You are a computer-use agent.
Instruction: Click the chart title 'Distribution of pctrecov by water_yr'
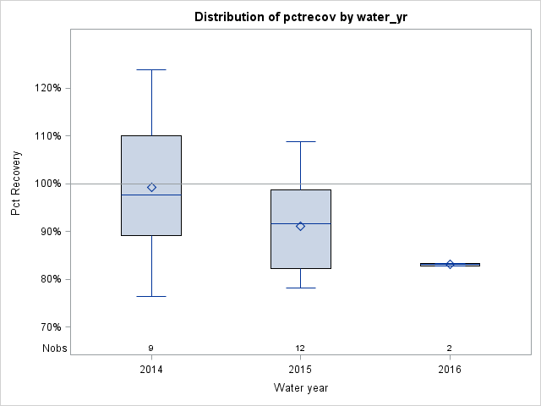[300, 17]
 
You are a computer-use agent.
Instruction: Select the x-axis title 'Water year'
[300, 387]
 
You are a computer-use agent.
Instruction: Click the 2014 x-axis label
[151, 369]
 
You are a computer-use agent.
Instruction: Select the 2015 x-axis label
[300, 369]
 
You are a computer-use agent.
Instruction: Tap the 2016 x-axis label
[450, 369]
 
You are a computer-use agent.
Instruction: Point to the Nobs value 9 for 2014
[151, 348]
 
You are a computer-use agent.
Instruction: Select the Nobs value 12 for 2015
[300, 348]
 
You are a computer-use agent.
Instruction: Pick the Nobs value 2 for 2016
[450, 348]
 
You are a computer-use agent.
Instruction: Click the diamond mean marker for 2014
[151, 187]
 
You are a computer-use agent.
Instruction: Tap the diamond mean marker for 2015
[300, 226]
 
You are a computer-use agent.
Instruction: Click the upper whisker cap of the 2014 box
[151, 69]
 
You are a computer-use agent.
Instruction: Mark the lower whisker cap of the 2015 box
[300, 288]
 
